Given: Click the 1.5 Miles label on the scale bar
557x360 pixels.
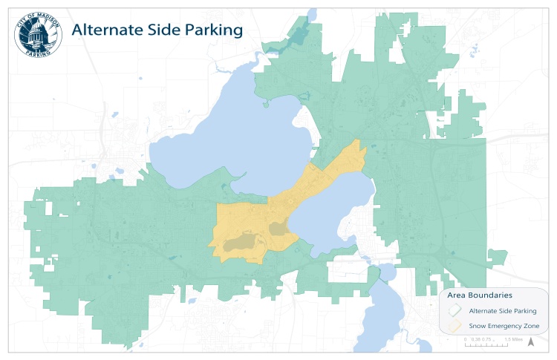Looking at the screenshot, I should [515, 339].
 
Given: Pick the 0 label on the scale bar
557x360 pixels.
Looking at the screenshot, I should [466, 339].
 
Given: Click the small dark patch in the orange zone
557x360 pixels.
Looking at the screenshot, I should [277, 228].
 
